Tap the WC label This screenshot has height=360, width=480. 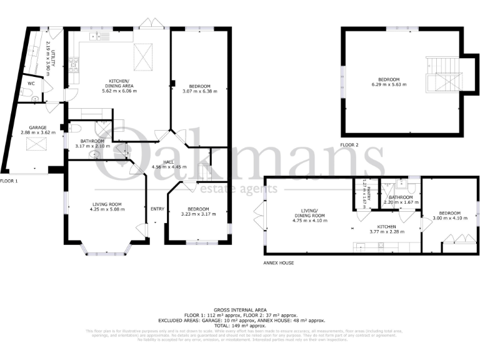coord(31,83)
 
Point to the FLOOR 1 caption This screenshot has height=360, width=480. coord(9,181)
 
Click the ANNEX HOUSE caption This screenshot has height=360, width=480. coord(279,263)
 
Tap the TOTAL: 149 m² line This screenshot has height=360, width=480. coord(240,325)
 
